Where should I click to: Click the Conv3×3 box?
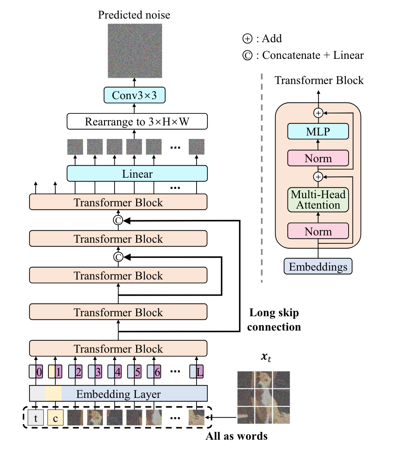[134, 95]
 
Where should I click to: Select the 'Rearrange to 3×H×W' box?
[137, 122]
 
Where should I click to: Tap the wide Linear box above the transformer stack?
[137, 174]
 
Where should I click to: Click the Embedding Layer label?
[118, 394]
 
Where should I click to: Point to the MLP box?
[318, 132]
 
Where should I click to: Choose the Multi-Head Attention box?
[318, 200]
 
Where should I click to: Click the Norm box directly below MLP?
[318, 158]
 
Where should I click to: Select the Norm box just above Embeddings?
[318, 231]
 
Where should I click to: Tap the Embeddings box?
[318, 267]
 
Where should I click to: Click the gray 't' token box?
[36, 418]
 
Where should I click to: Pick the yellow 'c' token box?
[55, 418]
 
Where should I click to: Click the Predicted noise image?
[135, 51]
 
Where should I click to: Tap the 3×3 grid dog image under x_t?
[263, 398]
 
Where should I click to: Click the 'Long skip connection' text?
[274, 320]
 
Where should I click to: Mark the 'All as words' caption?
[236, 436]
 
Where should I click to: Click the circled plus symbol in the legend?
[247, 39]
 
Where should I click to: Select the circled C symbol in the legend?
[247, 55]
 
